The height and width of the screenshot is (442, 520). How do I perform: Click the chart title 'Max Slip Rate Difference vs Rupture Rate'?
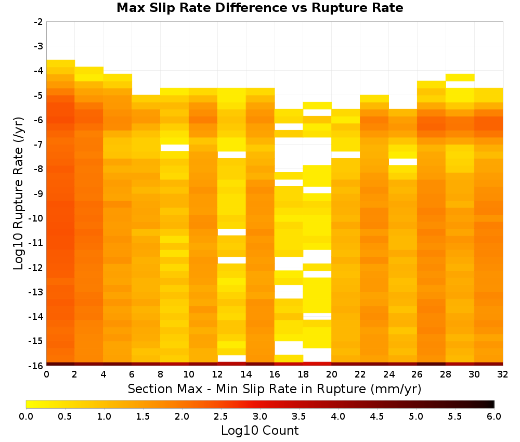click(x=259, y=7)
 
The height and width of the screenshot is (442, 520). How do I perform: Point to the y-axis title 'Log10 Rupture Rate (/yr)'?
click(x=19, y=193)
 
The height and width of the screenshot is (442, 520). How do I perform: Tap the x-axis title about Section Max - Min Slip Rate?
click(x=275, y=389)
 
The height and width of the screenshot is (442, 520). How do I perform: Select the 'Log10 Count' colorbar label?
click(x=259, y=431)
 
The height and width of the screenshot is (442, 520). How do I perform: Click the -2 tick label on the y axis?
click(x=38, y=22)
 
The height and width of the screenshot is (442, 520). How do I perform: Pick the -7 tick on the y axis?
click(x=38, y=145)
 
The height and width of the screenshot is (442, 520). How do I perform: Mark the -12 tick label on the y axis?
click(x=36, y=267)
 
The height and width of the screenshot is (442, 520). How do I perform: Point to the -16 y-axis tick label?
click(x=36, y=366)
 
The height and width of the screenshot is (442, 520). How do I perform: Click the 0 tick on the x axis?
click(x=46, y=374)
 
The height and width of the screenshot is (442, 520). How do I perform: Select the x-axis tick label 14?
click(x=246, y=374)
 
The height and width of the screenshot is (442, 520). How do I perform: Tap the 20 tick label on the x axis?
click(x=331, y=374)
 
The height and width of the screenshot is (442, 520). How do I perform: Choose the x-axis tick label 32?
click(x=502, y=374)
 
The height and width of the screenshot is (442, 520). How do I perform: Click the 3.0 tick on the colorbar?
click(x=260, y=417)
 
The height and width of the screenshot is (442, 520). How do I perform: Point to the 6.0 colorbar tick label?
click(x=494, y=417)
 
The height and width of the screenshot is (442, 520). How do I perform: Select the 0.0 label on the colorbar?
click(x=26, y=417)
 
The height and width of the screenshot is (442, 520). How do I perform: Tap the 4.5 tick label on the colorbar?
click(x=376, y=417)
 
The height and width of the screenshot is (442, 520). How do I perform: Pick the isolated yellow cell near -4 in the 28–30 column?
click(x=460, y=77)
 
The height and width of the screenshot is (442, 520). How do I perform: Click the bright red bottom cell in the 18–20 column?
click(x=317, y=364)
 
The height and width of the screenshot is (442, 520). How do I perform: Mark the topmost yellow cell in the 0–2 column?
click(x=61, y=63)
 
